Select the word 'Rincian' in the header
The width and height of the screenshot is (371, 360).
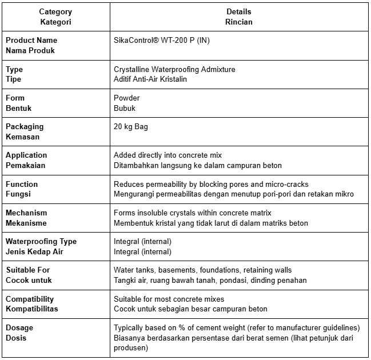click(x=238, y=22)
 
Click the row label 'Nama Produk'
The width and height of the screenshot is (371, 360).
click(x=31, y=50)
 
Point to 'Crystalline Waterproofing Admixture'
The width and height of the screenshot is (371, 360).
click(x=174, y=69)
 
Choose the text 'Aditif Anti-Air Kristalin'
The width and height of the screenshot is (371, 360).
click(x=150, y=79)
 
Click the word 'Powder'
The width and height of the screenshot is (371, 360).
click(x=127, y=98)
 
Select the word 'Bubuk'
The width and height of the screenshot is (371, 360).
click(x=125, y=108)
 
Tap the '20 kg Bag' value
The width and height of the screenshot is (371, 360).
click(x=131, y=126)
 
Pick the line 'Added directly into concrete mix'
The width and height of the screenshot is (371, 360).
click(x=168, y=155)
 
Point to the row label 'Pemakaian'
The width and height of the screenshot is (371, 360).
click(x=26, y=165)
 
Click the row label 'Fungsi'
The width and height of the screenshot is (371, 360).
click(x=19, y=194)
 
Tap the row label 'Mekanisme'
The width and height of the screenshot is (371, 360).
click(x=26, y=223)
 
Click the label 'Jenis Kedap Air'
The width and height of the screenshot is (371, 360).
click(x=34, y=251)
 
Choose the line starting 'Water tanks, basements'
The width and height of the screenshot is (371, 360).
click(x=202, y=270)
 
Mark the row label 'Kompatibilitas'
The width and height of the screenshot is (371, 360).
click(x=32, y=309)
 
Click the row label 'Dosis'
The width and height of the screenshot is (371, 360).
click(x=16, y=338)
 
